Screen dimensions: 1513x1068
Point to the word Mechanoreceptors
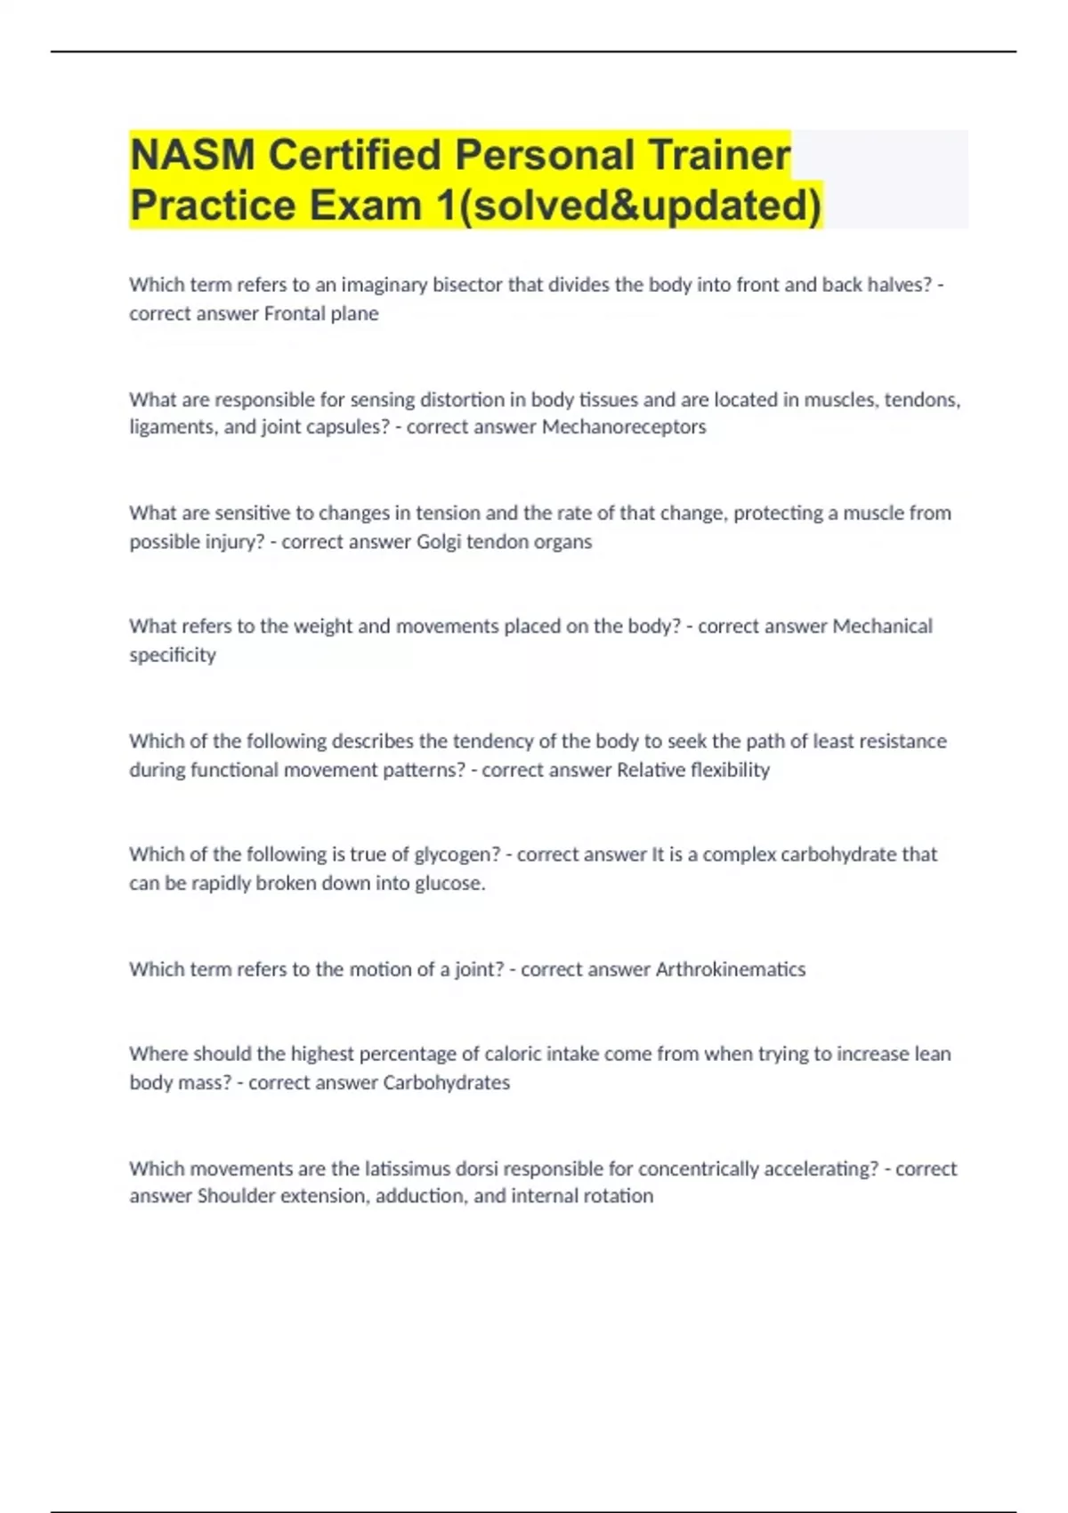point(624,427)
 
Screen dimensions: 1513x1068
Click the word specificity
point(173,655)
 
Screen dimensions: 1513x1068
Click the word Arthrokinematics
point(730,969)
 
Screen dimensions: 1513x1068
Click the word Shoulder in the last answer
point(236,1196)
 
